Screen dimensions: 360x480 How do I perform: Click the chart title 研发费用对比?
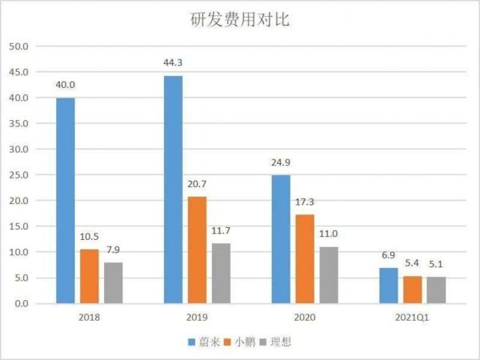(x=240, y=19)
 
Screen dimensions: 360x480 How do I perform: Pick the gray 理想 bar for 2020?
(x=328, y=275)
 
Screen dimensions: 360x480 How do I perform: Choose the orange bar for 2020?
(x=304, y=258)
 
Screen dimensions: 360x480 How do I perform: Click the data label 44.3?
(x=173, y=64)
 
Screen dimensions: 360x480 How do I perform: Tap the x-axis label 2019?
(x=196, y=317)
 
